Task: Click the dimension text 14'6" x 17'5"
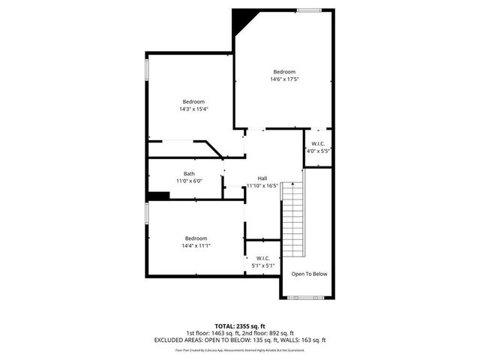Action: tap(283, 79)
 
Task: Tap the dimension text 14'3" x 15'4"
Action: tap(193, 109)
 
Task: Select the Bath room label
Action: tap(189, 174)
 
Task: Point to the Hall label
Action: tap(262, 178)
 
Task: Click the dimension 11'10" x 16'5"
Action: tap(262, 185)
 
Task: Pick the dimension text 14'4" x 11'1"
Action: tap(196, 245)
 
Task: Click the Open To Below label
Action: tap(309, 274)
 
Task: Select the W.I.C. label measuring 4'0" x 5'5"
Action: tap(318, 142)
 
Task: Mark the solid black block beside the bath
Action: tap(158, 196)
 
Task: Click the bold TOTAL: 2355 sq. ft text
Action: tap(240, 326)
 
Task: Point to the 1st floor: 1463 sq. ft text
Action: tap(211, 333)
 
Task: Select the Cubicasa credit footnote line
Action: tap(240, 349)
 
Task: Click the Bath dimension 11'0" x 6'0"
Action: tap(189, 181)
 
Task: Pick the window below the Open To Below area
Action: tap(307, 298)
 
